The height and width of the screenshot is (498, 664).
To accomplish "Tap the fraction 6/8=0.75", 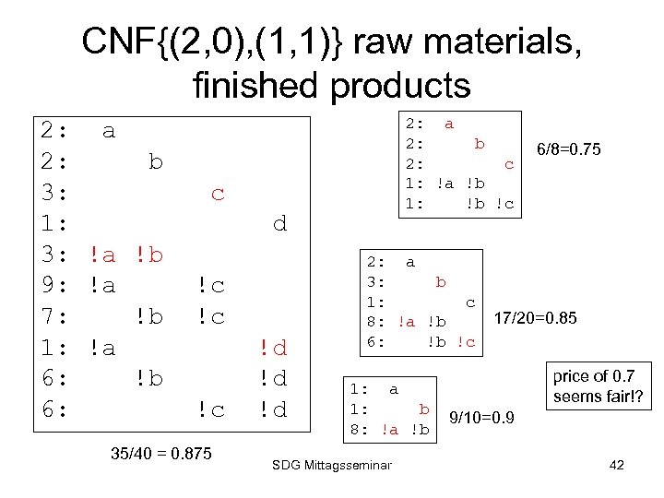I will tap(568, 148).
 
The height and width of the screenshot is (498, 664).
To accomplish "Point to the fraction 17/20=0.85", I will tap(536, 319).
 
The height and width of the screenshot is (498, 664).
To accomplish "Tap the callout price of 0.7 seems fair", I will tap(599, 386).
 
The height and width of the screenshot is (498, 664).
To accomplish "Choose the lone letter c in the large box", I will tap(218, 194).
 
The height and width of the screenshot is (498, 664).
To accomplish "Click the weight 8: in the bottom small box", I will tap(361, 429).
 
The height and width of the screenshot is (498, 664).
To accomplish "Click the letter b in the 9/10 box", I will tap(424, 409).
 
